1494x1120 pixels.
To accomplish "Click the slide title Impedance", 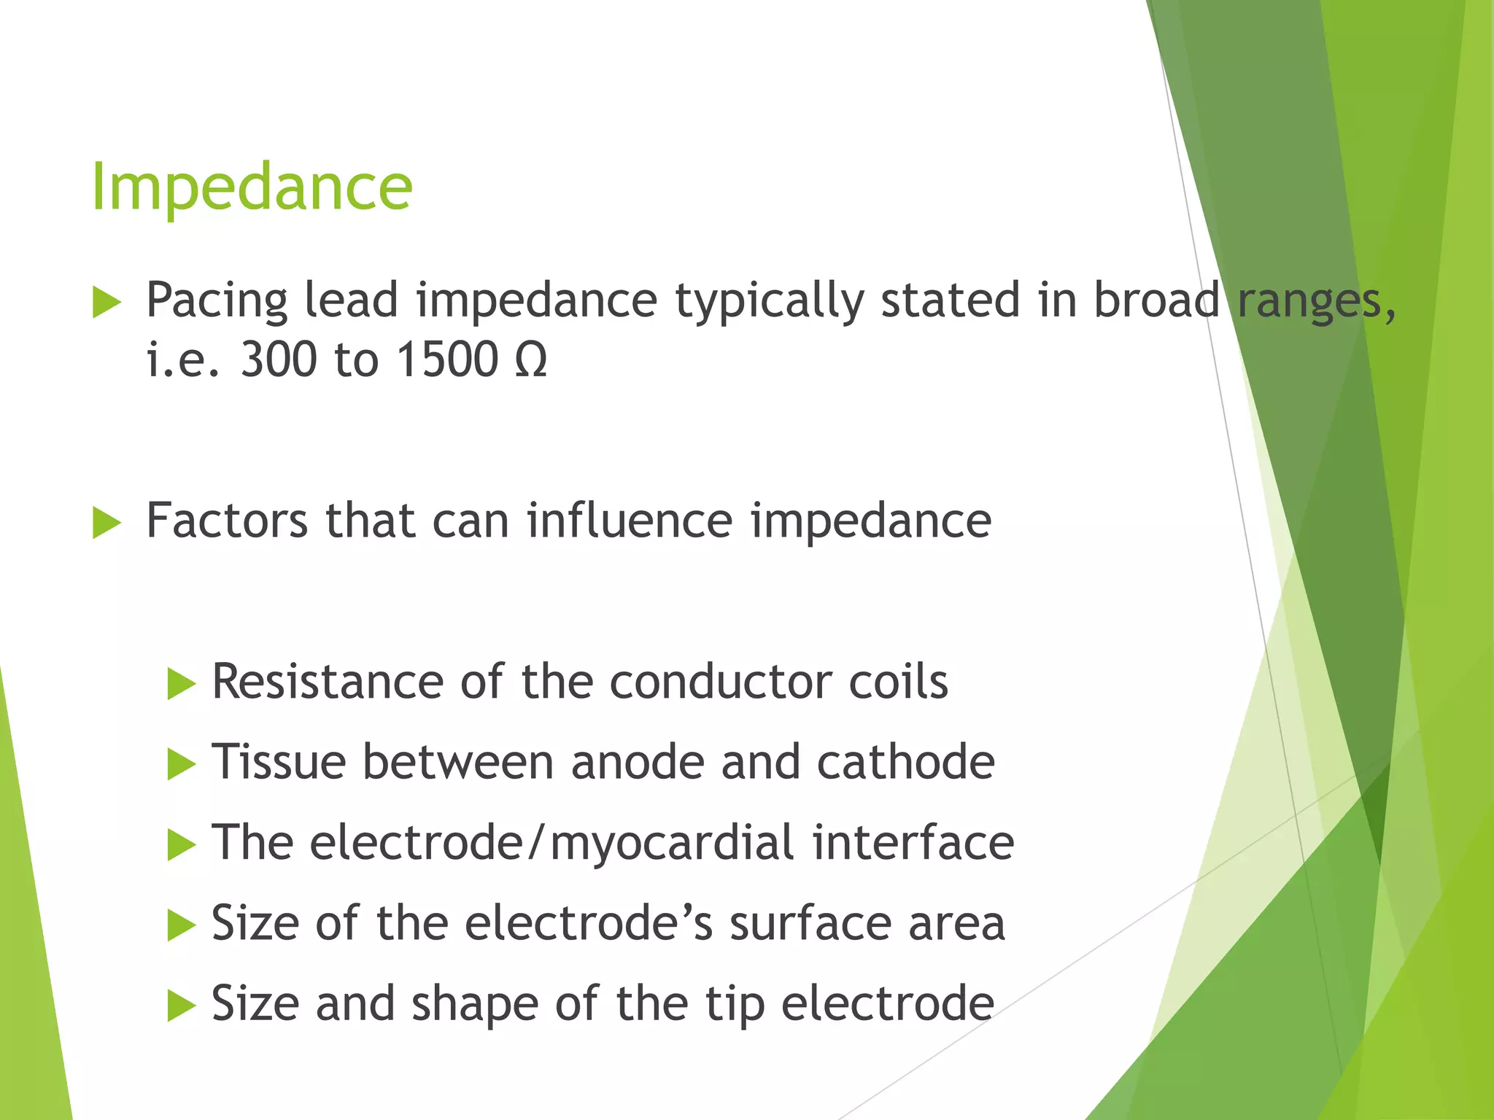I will pos(252,188).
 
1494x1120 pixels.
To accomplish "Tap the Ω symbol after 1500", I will pos(530,360).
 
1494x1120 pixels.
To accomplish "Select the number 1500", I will pos(447,360).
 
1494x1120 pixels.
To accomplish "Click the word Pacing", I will pos(216,302).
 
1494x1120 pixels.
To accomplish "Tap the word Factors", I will pos(227,521).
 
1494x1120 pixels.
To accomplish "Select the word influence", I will pos(630,521).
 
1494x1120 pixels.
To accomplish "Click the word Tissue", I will pos(279,762).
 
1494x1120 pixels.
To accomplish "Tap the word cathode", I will pos(905,762).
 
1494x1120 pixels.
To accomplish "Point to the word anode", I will pos(637,762).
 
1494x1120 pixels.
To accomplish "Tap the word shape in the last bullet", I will pos(474,1004).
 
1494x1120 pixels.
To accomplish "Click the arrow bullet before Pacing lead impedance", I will pos(107,303).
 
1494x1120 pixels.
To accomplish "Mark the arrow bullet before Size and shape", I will pos(181,1007).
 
